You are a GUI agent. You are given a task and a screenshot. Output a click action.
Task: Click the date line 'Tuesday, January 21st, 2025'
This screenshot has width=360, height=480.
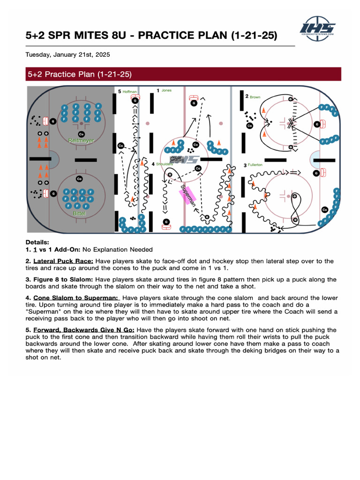[x=67, y=55]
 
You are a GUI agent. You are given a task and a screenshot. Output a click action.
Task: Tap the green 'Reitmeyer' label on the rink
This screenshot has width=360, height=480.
[x=81, y=140]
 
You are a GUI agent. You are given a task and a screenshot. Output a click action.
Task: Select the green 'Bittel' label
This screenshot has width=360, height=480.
[x=79, y=213]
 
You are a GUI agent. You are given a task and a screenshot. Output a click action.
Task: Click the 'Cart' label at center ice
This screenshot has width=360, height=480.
[x=176, y=159]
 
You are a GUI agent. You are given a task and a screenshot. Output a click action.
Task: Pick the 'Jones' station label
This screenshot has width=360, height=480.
[x=166, y=90]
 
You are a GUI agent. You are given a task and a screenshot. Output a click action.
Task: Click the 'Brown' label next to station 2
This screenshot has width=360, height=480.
[x=255, y=97]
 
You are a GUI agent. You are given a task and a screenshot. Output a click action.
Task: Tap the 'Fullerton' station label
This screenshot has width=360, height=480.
[x=255, y=165]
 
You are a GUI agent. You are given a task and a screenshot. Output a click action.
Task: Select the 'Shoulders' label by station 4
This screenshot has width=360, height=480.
[x=165, y=164]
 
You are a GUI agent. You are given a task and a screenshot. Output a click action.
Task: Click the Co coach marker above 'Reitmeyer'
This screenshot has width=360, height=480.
[x=81, y=134]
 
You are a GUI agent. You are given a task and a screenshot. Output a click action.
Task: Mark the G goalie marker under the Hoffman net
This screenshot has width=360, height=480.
[x=135, y=100]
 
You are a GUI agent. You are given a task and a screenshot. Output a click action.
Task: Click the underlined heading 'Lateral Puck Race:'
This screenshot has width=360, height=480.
[x=63, y=261]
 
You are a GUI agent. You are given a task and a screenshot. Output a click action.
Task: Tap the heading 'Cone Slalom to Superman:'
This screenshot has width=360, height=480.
[x=76, y=298]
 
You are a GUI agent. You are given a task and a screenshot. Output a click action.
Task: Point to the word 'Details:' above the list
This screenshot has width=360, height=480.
[x=37, y=242]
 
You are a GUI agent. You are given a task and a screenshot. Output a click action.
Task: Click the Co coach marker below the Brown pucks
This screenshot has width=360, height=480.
[x=249, y=126]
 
